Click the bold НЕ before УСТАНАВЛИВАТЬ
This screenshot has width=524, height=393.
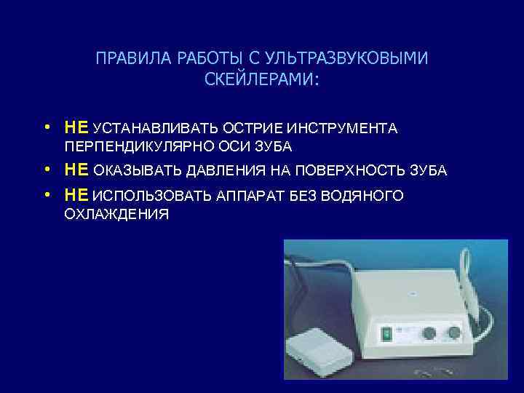(76, 128)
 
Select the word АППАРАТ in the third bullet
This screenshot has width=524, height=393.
(245, 196)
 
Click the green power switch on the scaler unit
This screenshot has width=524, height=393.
(387, 334)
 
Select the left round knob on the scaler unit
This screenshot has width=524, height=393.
(429, 333)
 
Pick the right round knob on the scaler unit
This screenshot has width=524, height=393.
(455, 333)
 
